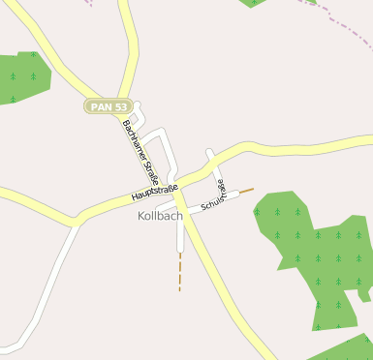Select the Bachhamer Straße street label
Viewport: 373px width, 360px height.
coord(141,152)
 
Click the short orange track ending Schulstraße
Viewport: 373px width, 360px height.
coord(246,191)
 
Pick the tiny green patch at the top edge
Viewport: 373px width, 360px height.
coord(253,3)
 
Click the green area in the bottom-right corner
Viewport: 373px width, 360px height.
coord(344,349)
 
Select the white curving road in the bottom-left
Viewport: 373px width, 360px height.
coord(39,290)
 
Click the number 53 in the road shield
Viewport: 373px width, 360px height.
coord(119,106)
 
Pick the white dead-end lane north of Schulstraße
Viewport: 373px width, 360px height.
coord(213,165)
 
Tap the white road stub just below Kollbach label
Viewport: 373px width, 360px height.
coord(179,237)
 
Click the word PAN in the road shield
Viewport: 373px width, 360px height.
coord(99,106)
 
